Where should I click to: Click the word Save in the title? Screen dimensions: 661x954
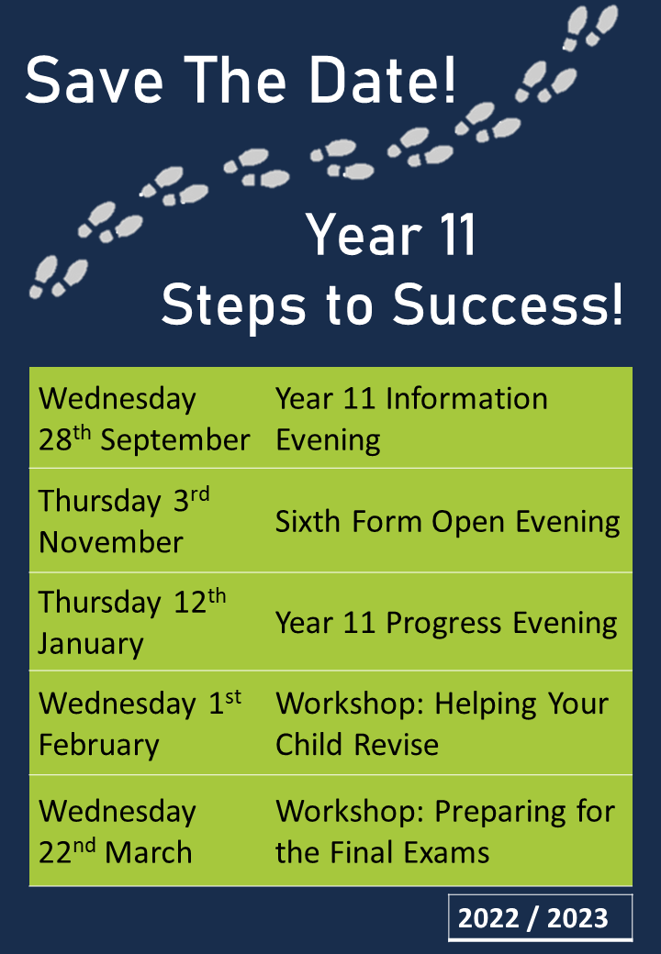(x=95, y=80)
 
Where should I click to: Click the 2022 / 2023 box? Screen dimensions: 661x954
(x=540, y=917)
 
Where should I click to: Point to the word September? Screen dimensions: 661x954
(x=175, y=440)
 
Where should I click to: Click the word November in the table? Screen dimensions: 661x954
(x=111, y=542)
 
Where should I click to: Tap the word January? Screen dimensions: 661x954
(x=91, y=644)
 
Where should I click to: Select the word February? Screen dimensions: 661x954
(x=99, y=746)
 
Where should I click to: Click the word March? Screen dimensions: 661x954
(x=149, y=852)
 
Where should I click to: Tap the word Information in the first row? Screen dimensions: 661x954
(x=467, y=399)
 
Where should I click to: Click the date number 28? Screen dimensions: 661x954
(x=55, y=440)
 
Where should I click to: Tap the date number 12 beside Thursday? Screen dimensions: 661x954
(x=191, y=603)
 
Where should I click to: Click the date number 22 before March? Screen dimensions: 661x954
(x=55, y=852)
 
